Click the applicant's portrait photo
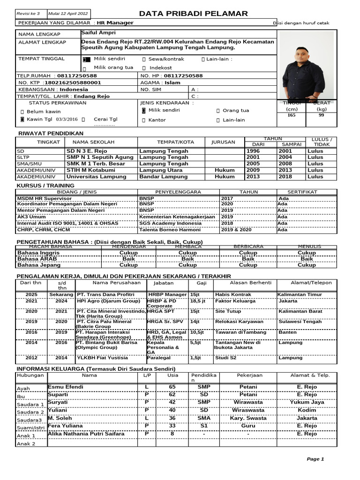click(305, 66)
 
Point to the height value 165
click(291, 115)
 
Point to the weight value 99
click(321, 115)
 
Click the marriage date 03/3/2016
click(67, 120)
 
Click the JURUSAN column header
click(224, 142)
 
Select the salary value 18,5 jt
click(198, 301)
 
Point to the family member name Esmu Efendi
click(66, 387)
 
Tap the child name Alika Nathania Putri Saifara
click(86, 434)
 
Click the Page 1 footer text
click(315, 459)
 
